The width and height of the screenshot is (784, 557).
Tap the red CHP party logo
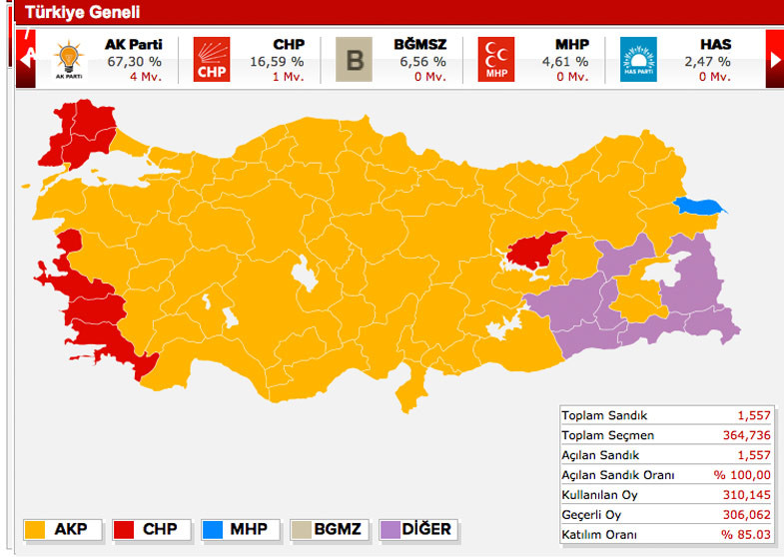coord(212,59)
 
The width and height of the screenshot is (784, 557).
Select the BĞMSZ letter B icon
coord(354,59)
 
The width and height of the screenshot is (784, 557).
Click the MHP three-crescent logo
coord(496,59)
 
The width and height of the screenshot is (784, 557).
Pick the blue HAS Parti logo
coord(638,59)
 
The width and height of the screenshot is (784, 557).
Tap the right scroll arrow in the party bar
coord(775,59)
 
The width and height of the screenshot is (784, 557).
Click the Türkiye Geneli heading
coord(82,13)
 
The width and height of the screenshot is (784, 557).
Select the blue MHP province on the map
coord(698,207)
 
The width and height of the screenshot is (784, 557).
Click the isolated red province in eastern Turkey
coord(534,250)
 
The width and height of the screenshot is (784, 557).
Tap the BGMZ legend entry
coord(330,528)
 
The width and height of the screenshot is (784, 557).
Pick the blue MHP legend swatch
coord(213,528)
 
